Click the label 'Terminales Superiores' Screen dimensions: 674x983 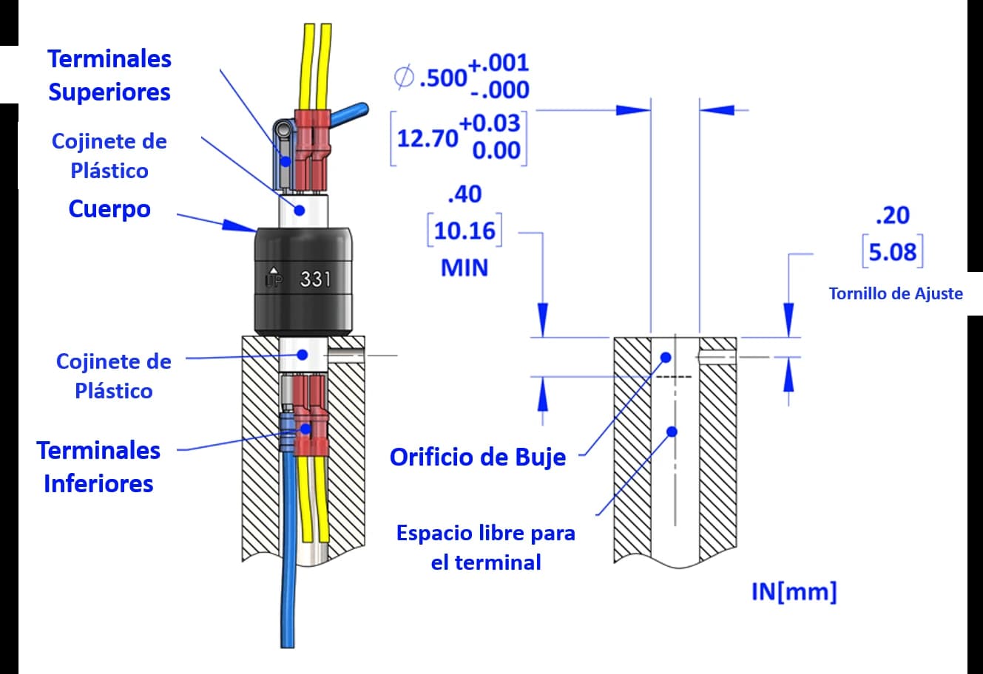109,75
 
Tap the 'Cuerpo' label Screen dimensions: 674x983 109,209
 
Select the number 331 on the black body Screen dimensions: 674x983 315,280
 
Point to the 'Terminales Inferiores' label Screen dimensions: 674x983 98,466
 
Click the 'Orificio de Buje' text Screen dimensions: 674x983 477,457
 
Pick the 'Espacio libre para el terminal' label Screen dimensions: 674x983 485,547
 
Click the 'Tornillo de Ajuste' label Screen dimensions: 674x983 895,293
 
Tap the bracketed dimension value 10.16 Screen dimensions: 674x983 464,231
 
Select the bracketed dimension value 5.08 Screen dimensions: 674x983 892,253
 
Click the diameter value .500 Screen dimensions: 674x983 442,78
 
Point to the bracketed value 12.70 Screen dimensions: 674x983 428,137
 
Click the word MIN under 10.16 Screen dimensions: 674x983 465,267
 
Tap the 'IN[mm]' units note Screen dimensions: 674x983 794,592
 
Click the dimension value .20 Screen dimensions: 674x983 892,215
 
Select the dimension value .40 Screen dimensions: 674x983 465,194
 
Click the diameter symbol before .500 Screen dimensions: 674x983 404,77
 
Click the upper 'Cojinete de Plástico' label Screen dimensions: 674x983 109,156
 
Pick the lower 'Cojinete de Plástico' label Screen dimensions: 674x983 113,375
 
